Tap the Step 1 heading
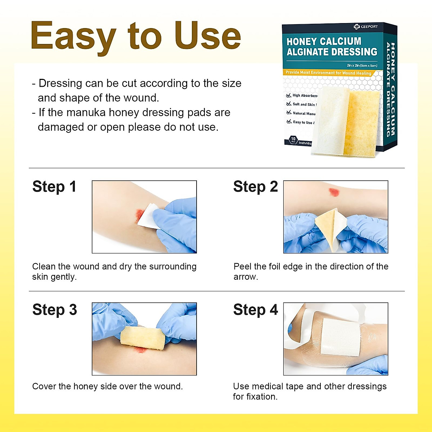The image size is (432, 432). pyautogui.click(x=54, y=187)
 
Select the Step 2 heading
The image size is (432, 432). pyautogui.click(x=255, y=187)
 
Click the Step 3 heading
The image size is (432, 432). pyautogui.click(x=54, y=310)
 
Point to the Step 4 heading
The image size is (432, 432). pyautogui.click(x=255, y=310)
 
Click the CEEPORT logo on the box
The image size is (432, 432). pyautogui.click(x=366, y=27)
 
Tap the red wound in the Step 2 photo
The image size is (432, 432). pyautogui.click(x=334, y=192)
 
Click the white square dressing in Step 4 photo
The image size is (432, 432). pyautogui.click(x=340, y=337)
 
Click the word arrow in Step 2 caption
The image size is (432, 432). pyautogui.click(x=245, y=277)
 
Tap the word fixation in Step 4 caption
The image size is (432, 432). pyautogui.click(x=260, y=397)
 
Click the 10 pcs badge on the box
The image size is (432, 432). pyautogui.click(x=293, y=140)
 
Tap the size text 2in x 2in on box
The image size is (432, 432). pyautogui.click(x=362, y=66)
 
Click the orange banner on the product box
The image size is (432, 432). pyautogui.click(x=328, y=73)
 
